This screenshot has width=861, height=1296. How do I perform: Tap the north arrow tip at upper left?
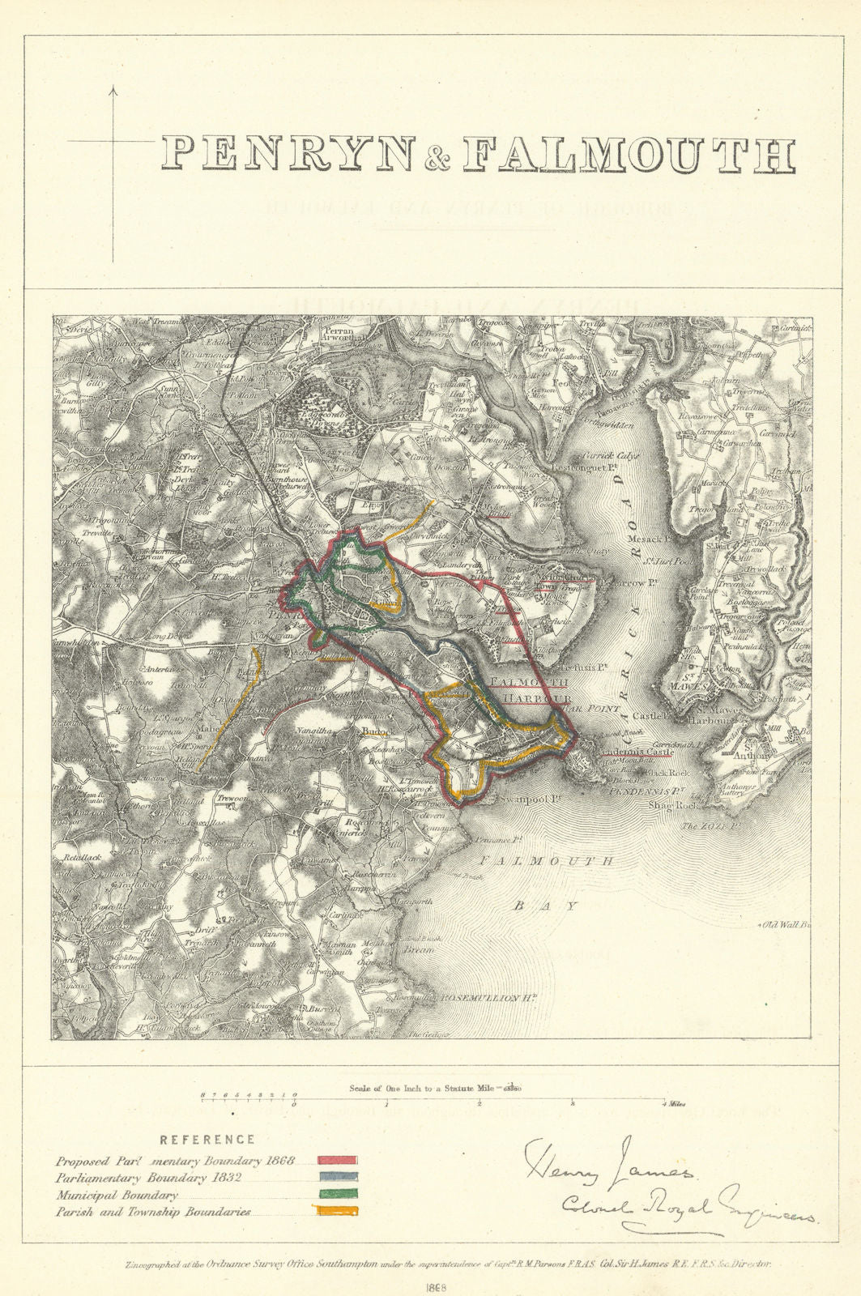(x=113, y=87)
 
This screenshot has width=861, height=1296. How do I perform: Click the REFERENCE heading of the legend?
(x=207, y=1139)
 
